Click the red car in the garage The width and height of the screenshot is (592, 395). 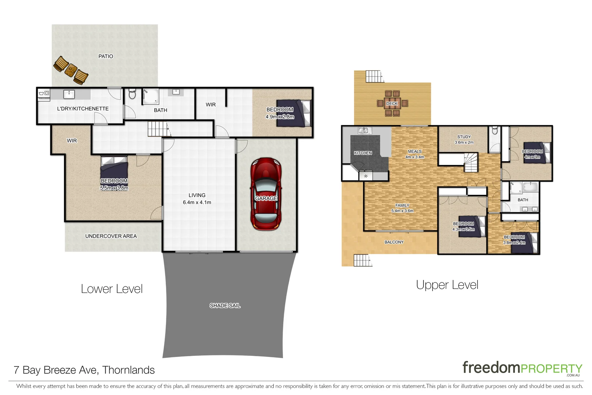pyautogui.click(x=266, y=194)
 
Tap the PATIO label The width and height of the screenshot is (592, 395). pyautogui.click(x=106, y=56)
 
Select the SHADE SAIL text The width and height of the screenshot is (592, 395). pyautogui.click(x=225, y=305)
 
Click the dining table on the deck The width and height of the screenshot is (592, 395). pyautogui.click(x=392, y=104)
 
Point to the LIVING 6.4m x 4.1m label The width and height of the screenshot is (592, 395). pyautogui.click(x=197, y=199)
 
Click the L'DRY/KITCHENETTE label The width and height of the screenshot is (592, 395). pyautogui.click(x=83, y=109)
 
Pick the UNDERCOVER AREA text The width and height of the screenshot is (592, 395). pyautogui.click(x=111, y=236)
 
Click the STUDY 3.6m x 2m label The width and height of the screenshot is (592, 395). pyautogui.click(x=464, y=140)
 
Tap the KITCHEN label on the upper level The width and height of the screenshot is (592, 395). pyautogui.click(x=363, y=153)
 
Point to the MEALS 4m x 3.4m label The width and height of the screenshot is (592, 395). pyautogui.click(x=415, y=154)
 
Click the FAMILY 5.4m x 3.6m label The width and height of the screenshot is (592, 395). pyautogui.click(x=402, y=208)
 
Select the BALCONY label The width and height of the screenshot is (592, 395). pyautogui.click(x=394, y=242)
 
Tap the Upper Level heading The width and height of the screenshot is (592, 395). pyautogui.click(x=447, y=285)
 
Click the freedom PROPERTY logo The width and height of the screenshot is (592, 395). pyautogui.click(x=522, y=368)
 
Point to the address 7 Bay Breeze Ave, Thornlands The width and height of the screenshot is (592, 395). pyautogui.click(x=84, y=370)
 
